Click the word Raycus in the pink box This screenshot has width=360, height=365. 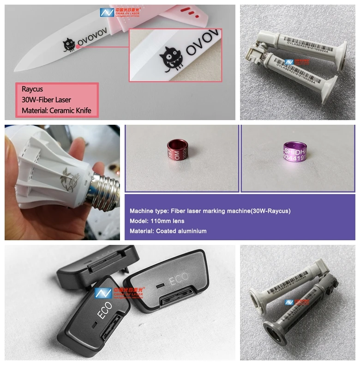(32, 89)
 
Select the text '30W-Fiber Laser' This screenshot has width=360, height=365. (46, 100)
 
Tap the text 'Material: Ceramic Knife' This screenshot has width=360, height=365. (56, 111)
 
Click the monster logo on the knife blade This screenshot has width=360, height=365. (69, 44)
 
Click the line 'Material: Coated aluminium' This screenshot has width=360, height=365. (168, 231)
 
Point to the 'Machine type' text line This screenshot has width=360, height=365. (210, 211)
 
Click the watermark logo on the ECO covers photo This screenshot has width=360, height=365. (120, 292)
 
